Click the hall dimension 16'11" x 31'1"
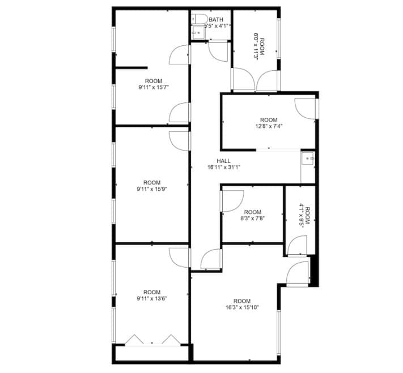(224, 168)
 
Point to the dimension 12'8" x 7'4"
(268, 126)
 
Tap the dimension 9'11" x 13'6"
(151, 298)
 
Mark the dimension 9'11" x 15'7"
(154, 88)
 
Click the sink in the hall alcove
(308, 160)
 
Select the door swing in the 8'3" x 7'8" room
(231, 200)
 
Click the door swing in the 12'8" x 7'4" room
(305, 109)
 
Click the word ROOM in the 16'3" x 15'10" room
(242, 301)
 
